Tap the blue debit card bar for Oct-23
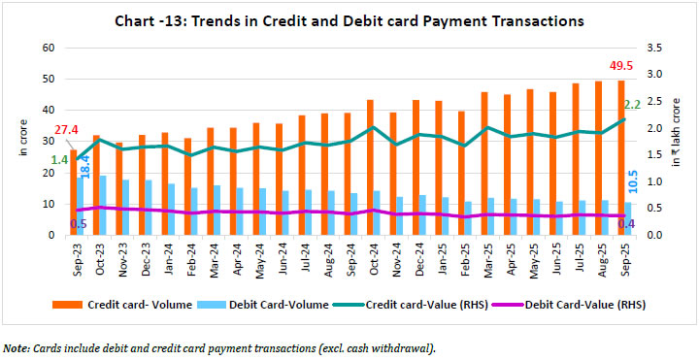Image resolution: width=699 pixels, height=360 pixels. [x=103, y=206]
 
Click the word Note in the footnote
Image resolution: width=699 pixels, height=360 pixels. [x=16, y=347]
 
